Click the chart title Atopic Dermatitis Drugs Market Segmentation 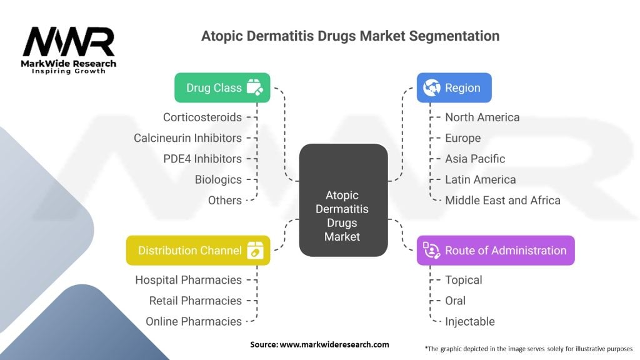click(350, 36)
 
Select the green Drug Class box click(222, 87)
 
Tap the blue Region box click(454, 87)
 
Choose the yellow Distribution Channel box click(198, 250)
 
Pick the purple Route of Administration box click(496, 251)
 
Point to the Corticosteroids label click(202, 117)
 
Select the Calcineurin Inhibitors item click(187, 137)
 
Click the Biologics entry click(218, 179)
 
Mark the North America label click(482, 117)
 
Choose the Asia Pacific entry click(475, 159)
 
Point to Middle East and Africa click(502, 200)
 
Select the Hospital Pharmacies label click(188, 280)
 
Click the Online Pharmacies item click(194, 321)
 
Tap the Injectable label click(469, 321)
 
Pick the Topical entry click(463, 280)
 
